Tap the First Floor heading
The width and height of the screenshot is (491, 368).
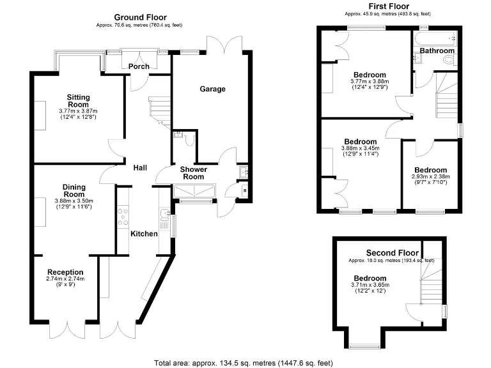pos(387,6)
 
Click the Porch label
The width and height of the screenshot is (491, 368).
pos(139,66)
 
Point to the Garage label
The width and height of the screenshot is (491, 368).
pos(212,89)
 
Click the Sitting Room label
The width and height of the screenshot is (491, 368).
pos(79,101)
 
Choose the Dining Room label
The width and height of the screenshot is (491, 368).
pos(74,190)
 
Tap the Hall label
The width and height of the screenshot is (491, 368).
pos(140,167)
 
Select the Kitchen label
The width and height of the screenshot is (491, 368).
pos(144,234)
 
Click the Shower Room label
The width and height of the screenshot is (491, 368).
pos(194,173)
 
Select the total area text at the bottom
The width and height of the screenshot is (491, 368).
pos(243,363)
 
